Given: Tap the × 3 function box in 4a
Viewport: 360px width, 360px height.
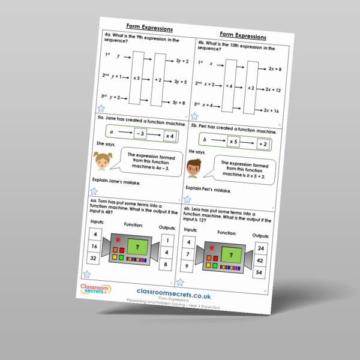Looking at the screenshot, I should click(137, 78).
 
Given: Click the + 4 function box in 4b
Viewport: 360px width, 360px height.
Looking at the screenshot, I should click(230, 86).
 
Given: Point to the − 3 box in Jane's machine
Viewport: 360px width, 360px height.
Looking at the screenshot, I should click(139, 134).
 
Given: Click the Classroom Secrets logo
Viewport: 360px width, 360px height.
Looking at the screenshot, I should click(95, 292).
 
